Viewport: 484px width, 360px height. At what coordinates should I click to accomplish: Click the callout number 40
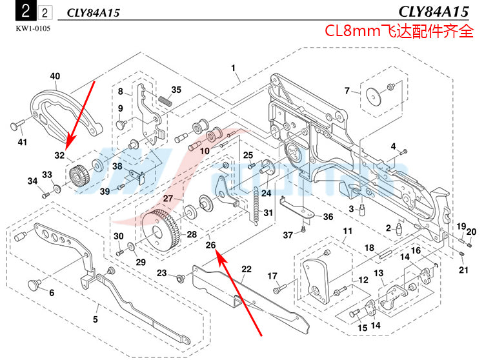55,75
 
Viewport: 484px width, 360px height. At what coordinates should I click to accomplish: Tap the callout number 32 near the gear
59,155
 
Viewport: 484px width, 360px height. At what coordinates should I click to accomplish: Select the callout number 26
210,245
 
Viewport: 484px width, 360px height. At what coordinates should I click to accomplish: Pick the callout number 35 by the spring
176,90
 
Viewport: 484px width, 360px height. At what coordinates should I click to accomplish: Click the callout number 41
23,141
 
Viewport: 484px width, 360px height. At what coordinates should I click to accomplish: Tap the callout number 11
347,231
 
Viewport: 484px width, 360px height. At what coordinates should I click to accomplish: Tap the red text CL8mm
351,31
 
